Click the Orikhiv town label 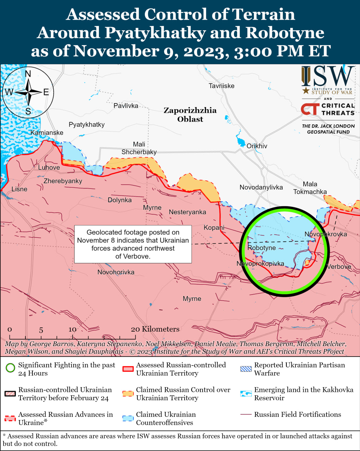257,146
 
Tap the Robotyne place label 261,248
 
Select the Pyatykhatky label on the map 87,124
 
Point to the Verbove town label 339,267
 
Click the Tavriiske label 221,86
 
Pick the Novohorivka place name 116,272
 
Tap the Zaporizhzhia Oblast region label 190,115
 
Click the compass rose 28,92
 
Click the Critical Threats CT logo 310,109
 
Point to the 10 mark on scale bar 73,329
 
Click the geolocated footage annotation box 133,244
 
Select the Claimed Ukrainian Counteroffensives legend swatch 128,418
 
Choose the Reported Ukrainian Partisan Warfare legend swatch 246,369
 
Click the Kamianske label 47,132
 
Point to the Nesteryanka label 187,212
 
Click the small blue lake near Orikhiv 241,142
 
